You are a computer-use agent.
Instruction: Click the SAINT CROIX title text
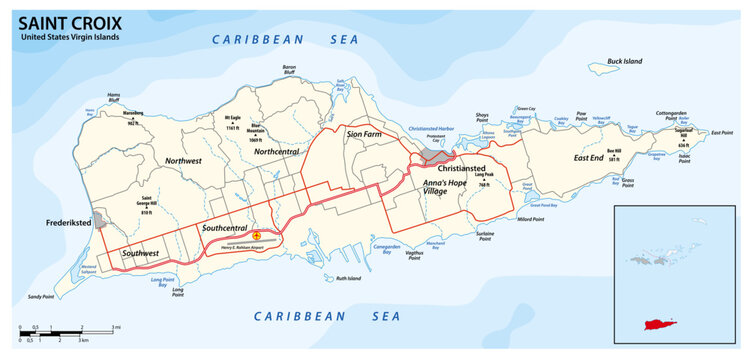[x=63, y=21]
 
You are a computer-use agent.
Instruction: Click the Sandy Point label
[x=41, y=297]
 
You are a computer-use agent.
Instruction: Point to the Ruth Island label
[x=347, y=278]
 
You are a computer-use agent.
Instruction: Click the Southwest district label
[x=139, y=254]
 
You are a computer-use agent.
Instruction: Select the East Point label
[x=722, y=131]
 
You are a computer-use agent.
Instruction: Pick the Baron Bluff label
[x=262, y=69]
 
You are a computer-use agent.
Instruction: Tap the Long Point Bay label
[x=162, y=283]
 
